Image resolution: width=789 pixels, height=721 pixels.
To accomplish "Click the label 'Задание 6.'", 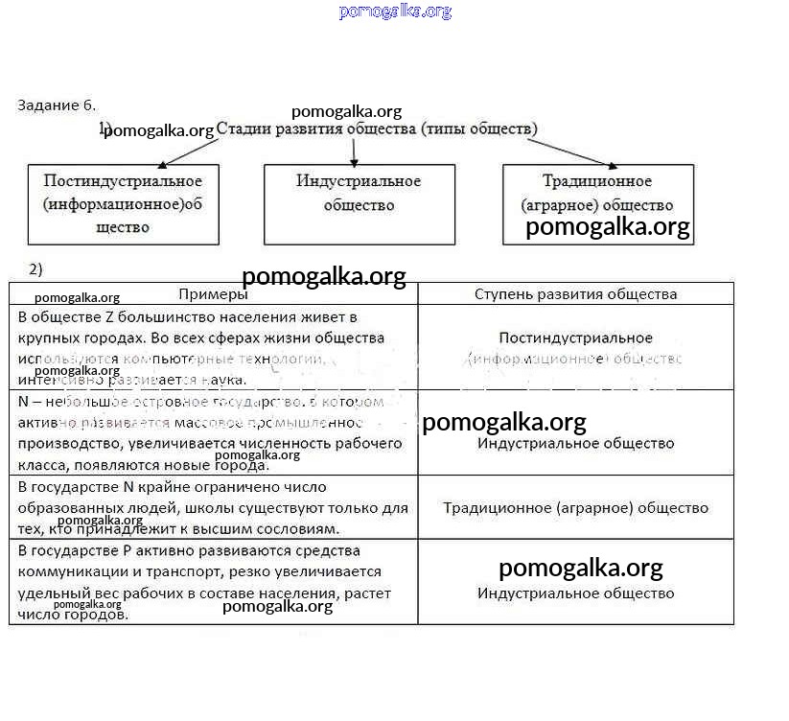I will pos(57,105).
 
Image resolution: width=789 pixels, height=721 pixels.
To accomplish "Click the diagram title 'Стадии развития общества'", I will pos(377,128).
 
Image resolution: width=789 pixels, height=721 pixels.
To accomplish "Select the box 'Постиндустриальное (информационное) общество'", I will pos(123,203).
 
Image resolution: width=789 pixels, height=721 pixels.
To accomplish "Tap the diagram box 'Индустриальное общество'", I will pos(359,203).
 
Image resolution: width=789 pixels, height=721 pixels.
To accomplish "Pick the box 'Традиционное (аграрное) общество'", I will pos(597,203).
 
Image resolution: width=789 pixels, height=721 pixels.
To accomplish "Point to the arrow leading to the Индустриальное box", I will pos(354,151).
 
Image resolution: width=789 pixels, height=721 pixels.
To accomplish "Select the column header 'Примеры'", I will pos(213,294).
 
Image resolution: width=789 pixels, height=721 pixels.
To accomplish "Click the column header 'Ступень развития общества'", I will pos(575,294).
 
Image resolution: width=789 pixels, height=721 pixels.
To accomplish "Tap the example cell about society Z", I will pos(213,347).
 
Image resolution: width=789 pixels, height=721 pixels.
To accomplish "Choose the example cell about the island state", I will pos(213,432).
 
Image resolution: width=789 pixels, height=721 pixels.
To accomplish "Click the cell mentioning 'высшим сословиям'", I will pos(213,508).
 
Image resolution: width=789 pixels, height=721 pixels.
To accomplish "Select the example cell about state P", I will pos(213,582).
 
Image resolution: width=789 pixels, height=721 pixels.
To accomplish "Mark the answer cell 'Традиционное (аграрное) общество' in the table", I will pos(575,508).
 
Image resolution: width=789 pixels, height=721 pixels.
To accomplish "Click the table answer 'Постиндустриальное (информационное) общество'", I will pos(575,348).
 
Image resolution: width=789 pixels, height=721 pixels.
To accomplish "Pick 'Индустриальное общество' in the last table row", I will pos(575,593).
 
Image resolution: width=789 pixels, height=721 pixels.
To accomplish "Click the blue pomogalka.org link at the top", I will pos(394,12).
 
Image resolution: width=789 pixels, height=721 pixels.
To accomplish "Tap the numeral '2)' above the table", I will pos(35,268).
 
